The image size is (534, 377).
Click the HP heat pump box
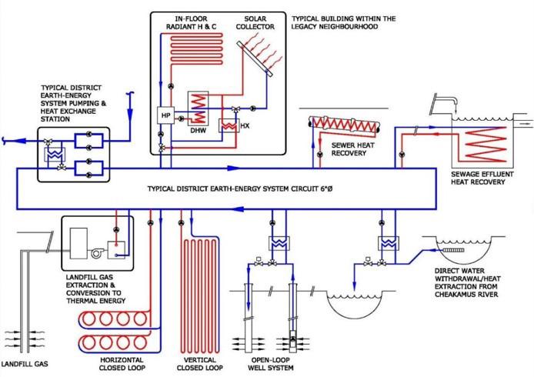[x=165, y=115]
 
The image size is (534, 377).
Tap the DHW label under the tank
[x=199, y=131]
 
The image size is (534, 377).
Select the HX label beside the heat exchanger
[x=245, y=125]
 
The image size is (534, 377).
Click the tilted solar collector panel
[x=255, y=58]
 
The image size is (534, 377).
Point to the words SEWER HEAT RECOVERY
[x=352, y=149]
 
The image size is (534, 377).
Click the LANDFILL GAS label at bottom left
[x=25, y=364]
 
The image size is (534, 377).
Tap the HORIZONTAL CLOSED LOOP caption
[x=122, y=364]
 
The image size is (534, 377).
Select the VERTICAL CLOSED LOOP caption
[x=200, y=364]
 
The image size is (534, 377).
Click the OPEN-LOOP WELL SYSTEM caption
[x=271, y=364]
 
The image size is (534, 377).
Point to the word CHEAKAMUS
[x=453, y=294]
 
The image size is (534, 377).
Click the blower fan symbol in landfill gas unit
[x=97, y=253]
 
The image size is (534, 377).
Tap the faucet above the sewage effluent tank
[x=445, y=102]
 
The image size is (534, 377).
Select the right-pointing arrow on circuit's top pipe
[x=233, y=168]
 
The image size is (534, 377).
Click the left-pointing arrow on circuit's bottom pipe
[x=240, y=209]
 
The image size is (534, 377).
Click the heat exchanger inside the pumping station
[x=54, y=155]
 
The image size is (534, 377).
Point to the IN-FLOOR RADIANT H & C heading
[x=191, y=22]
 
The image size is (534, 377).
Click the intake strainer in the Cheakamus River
[x=453, y=250]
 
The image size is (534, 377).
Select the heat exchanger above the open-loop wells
[x=279, y=243]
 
